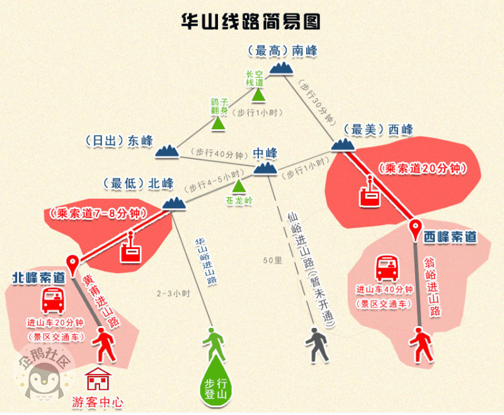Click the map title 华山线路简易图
point(251,20)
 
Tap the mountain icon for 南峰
point(283,67)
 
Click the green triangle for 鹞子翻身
point(219,123)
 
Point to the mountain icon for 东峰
point(167,150)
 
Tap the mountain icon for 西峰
point(343,146)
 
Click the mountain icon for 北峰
point(173,202)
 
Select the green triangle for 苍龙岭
point(239,187)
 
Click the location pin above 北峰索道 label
point(74,264)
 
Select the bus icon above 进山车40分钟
point(387,269)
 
